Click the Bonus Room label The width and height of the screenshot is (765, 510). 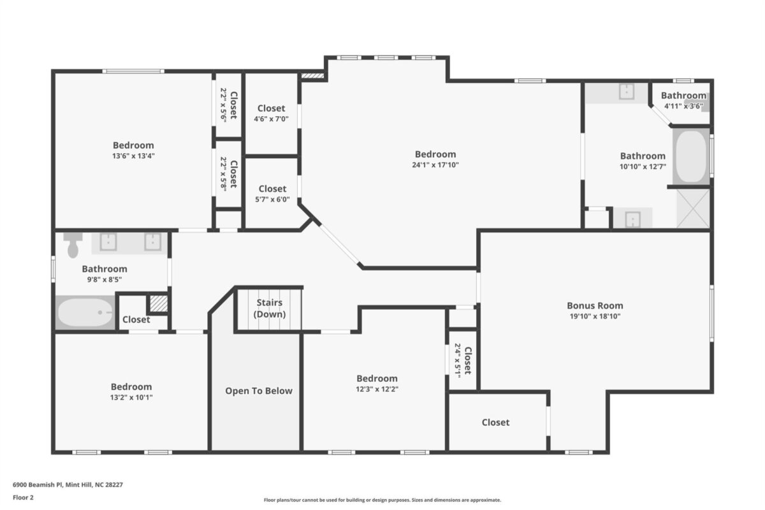[x=595, y=305]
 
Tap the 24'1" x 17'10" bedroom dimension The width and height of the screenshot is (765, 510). [x=435, y=165]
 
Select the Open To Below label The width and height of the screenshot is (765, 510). [x=259, y=391]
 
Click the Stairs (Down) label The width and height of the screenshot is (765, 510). [x=270, y=309]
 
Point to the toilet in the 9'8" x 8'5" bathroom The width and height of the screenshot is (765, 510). [x=73, y=245]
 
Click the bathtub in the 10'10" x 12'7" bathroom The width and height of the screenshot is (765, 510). [x=691, y=157]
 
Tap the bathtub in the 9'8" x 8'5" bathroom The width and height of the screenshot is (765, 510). [x=85, y=312]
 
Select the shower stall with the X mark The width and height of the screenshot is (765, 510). [x=693, y=208]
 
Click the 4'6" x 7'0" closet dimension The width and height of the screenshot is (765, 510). [x=271, y=119]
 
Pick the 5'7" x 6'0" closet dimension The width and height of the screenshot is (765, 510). [x=272, y=200]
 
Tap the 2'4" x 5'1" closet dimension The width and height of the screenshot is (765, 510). [x=458, y=360]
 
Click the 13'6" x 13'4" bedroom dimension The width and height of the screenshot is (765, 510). [x=133, y=156]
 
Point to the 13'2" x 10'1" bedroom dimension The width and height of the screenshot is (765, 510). [x=131, y=398]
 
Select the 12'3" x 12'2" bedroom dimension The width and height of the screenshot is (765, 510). [x=377, y=389]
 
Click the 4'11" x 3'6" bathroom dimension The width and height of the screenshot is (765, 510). [x=683, y=106]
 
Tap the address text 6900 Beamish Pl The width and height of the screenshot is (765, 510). [x=38, y=484]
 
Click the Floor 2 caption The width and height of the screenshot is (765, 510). [x=23, y=497]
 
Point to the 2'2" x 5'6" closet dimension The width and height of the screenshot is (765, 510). [x=223, y=105]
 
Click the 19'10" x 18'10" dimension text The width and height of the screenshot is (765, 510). [x=595, y=316]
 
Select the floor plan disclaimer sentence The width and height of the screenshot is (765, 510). [x=382, y=500]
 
